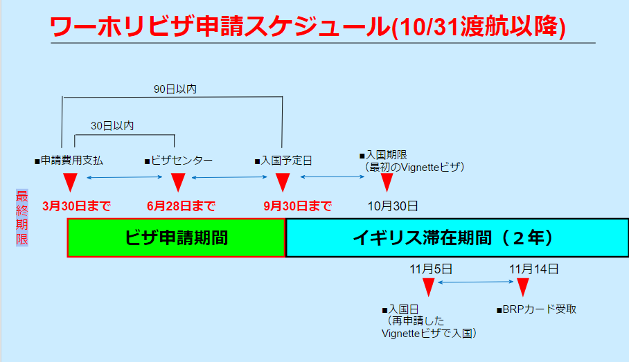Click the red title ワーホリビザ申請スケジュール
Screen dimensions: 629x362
click(220, 27)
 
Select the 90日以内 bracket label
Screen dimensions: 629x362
click(175, 89)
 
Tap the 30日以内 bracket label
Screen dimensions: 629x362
click(112, 126)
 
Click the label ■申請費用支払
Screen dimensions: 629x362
click(69, 161)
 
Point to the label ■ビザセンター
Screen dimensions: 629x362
click(179, 161)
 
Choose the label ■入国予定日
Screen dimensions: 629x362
click(283, 161)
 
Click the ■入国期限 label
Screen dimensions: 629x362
click(383, 155)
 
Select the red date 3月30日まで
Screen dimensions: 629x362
click(76, 206)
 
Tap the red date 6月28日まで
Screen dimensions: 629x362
click(181, 206)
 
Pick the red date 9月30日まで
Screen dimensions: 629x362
click(297, 206)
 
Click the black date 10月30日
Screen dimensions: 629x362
click(393, 206)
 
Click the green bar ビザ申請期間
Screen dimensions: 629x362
click(176, 237)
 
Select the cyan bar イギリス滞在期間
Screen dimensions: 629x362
click(457, 237)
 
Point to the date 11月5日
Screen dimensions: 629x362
click(431, 269)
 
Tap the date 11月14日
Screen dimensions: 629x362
click(534, 269)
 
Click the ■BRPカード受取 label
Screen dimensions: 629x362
click(536, 309)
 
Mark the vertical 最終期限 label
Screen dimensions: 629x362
click(22, 217)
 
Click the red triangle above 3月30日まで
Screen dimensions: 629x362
click(70, 181)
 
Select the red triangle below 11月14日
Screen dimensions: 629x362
click(522, 287)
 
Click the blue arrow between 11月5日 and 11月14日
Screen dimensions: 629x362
click(475, 282)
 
